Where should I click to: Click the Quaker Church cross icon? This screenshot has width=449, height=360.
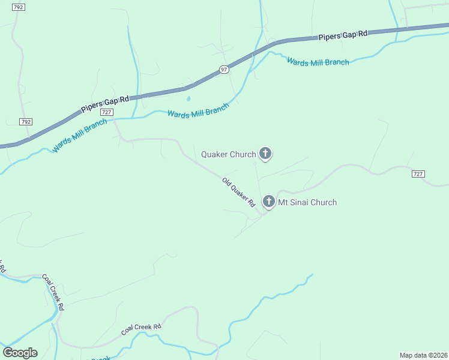point(265,154)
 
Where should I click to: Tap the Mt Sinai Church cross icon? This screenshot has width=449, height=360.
point(268,202)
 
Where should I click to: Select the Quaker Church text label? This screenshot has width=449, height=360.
point(228,154)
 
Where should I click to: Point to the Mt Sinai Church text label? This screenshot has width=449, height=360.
point(307,202)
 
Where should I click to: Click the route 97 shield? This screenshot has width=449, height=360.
point(224,70)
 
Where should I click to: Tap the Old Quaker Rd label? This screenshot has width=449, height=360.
point(239,192)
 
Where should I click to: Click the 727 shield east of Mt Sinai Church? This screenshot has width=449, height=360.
point(418,174)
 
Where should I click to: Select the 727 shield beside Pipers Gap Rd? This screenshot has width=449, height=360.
point(107,112)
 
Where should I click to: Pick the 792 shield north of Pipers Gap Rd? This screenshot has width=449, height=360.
point(18,7)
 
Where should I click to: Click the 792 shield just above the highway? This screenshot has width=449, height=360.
point(25,121)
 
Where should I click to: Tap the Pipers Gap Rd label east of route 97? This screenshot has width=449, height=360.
point(342,35)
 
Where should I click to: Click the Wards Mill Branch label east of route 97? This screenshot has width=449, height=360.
point(318,62)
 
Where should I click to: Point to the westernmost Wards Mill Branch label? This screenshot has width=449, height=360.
point(80,135)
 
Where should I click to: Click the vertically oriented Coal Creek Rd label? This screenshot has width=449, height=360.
point(55,290)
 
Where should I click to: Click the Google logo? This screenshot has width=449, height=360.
point(20,353)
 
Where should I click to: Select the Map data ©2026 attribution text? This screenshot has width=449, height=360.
point(423,355)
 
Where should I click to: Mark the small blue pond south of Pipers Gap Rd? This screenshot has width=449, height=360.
point(188,98)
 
